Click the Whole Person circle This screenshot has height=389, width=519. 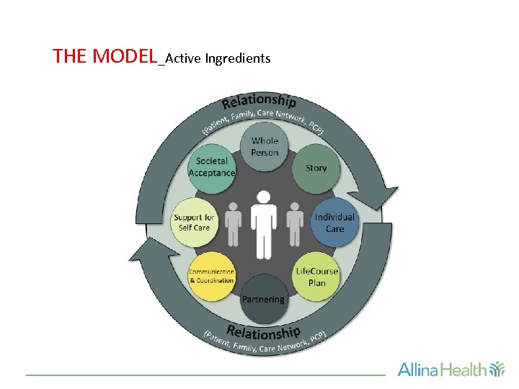coord(265,147)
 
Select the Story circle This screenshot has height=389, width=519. coord(316,168)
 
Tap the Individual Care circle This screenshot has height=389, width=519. coord(334,222)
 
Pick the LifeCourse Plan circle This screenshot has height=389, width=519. coord(316,276)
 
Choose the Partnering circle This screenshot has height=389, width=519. coord(263,298)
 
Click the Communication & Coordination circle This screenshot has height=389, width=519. coord(211,275)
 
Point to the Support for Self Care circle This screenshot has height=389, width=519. coord(193,222)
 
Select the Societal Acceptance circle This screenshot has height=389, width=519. coord(211,167)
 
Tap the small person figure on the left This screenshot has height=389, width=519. coord(232,223)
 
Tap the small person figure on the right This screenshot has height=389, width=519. coord(295,223)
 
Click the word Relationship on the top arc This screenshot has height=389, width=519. coord(259,102)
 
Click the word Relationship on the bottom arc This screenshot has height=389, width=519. coord(263,333)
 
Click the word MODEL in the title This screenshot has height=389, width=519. coord(125,56)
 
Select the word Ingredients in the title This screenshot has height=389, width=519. coord(238,58)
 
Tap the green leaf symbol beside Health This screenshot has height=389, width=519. coord(497,370)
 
